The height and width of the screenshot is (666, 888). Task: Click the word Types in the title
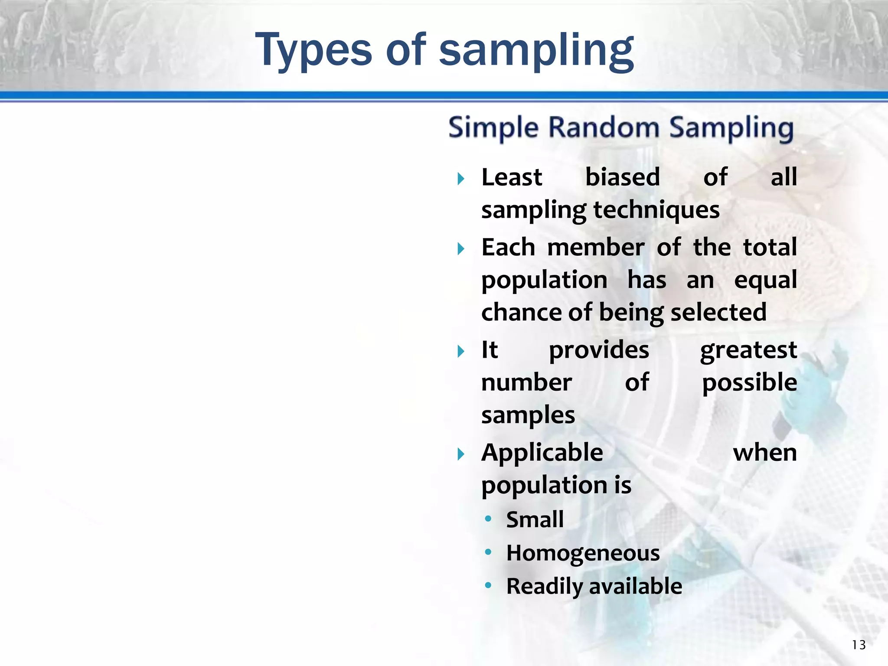click(313, 51)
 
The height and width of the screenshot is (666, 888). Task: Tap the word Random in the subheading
click(604, 128)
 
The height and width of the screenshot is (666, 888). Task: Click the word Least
click(512, 178)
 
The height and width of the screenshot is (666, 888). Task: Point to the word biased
click(623, 178)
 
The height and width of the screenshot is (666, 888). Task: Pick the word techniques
click(656, 211)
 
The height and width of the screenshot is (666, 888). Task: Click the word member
click(596, 248)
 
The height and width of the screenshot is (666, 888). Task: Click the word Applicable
click(542, 454)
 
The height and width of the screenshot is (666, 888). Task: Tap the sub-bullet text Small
click(535, 520)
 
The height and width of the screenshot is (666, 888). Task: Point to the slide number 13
click(859, 645)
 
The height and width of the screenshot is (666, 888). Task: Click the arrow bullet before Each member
click(461, 249)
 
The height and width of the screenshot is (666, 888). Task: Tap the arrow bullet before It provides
click(461, 351)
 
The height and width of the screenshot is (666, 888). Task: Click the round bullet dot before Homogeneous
click(488, 552)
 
